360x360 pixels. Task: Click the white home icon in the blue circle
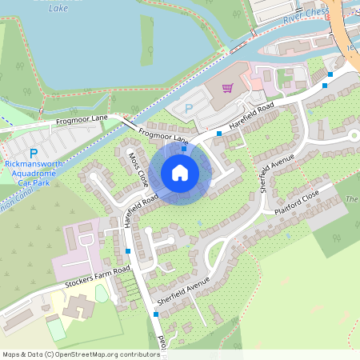(x=180, y=172)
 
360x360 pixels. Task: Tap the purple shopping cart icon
(x=228, y=88)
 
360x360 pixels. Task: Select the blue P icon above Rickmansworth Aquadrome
(x=34, y=152)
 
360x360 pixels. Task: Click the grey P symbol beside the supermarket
(x=189, y=108)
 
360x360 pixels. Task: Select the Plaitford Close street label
(x=297, y=201)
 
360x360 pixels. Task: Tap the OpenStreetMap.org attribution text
(x=104, y=354)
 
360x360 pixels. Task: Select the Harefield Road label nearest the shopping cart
(x=252, y=115)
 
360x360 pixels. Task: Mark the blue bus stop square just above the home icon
(x=184, y=149)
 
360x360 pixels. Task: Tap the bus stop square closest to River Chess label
(x=328, y=75)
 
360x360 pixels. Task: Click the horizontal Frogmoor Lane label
(x=82, y=119)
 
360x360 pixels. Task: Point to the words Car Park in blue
(x=34, y=182)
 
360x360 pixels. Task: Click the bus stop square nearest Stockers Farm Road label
(x=128, y=251)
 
